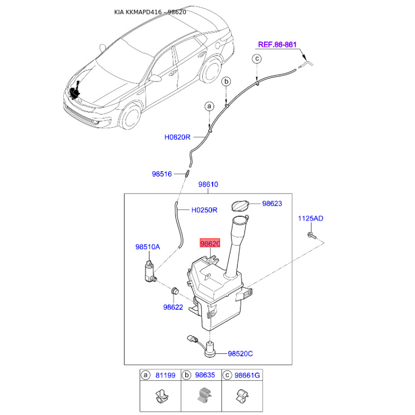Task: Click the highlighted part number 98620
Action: point(210,243)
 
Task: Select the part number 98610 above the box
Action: point(209,184)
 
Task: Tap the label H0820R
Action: point(177,137)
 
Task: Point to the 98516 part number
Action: point(162,174)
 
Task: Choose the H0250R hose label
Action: point(204,210)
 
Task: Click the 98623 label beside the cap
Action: point(272,203)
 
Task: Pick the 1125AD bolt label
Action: point(310,218)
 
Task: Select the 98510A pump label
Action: point(148,247)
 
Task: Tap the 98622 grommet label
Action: point(173,307)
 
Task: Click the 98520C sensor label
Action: point(240,354)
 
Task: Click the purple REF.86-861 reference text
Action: point(277,45)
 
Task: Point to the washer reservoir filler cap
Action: point(240,206)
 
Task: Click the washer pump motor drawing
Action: point(150,271)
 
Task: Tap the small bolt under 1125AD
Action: point(312,236)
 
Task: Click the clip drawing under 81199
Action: point(161,396)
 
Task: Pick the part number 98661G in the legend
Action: point(247,375)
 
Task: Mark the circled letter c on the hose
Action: point(257,59)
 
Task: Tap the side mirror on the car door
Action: point(155,78)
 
